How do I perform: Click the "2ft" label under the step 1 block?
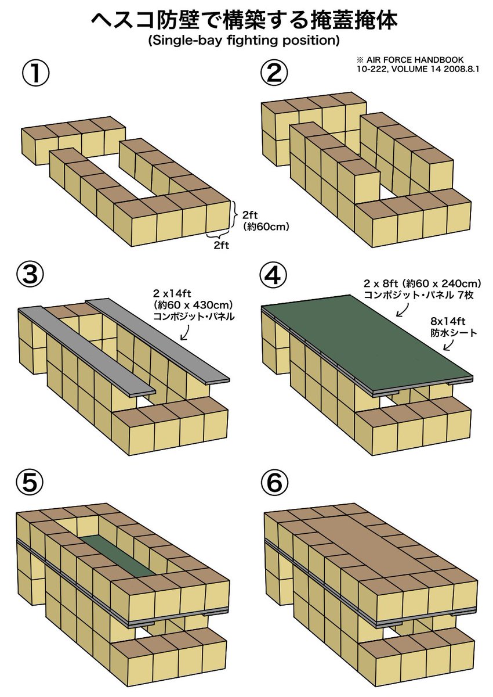pyautogui.click(x=221, y=246)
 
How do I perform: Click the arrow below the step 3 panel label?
pyautogui.click(x=186, y=333)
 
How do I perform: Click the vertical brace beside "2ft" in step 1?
pyautogui.click(x=235, y=214)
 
